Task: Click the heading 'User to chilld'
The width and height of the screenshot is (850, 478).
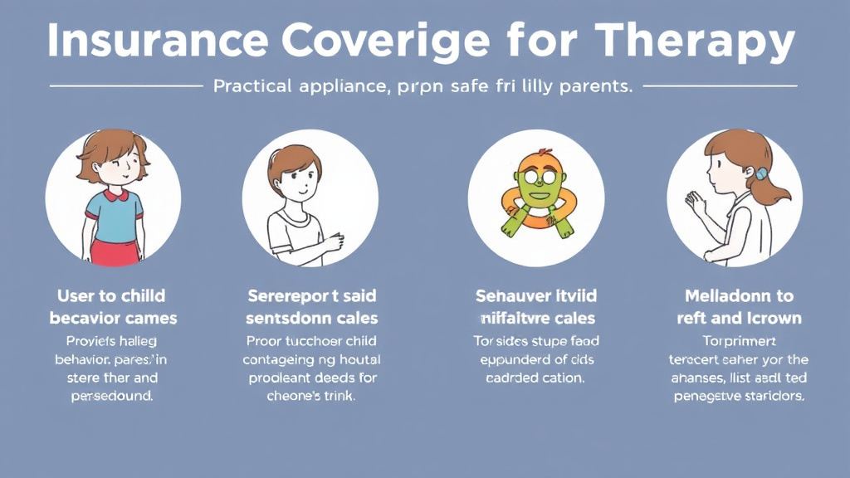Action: (111, 296)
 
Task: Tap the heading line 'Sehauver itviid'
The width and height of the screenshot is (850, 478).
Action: (535, 296)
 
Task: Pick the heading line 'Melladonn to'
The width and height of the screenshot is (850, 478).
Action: (739, 296)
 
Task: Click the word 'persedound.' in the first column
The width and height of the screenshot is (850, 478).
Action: (112, 396)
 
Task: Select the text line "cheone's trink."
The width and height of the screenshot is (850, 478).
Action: (310, 396)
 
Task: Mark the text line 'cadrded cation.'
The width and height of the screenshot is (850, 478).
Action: (535, 378)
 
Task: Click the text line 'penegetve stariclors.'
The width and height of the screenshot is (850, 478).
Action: (737, 396)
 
